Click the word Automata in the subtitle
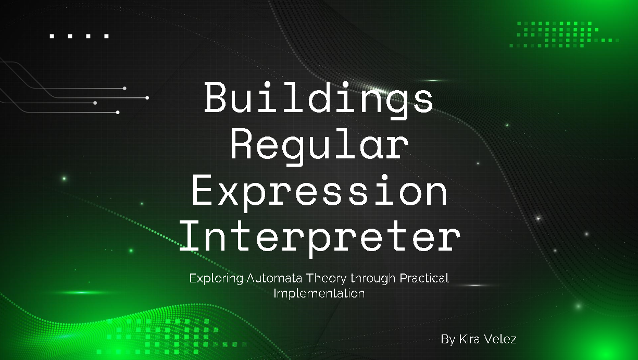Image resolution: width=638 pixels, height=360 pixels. point(272,278)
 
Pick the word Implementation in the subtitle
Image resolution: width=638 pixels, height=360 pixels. point(319,293)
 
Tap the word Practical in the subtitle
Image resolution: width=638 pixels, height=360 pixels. point(423,278)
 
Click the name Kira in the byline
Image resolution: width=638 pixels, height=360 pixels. point(469,339)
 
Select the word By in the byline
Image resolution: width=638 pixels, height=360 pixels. point(447,339)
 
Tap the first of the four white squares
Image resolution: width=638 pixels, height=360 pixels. point(52,36)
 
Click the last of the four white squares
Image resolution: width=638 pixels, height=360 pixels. point(106,36)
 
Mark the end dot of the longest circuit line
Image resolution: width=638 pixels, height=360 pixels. point(147,97)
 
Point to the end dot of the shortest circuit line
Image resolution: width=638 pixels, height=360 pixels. point(95,103)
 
